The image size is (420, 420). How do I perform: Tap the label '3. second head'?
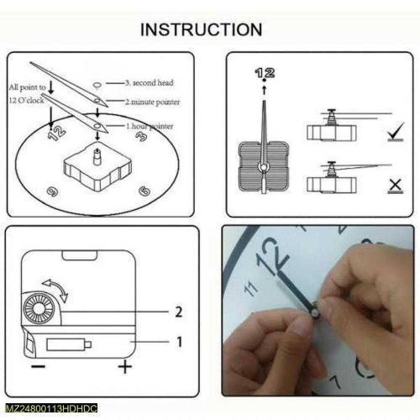(150, 84)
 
